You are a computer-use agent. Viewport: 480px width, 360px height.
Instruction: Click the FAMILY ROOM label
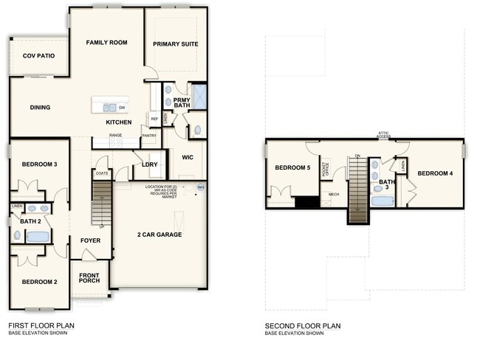pos(106,43)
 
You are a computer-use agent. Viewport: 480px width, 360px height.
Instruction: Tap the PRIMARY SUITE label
pos(176,44)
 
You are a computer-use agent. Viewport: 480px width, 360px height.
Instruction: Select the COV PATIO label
pos(38,55)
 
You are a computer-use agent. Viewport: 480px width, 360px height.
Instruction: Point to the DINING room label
pos(40,108)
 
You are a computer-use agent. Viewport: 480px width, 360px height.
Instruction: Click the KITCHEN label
pos(118,122)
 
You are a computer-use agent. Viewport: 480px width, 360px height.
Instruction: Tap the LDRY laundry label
pos(150,165)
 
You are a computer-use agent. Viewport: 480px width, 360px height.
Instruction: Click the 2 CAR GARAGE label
pos(159,235)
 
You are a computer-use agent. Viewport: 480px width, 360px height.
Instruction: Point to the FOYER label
pos(90,240)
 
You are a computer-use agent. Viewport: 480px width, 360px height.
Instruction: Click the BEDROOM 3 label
pos(39,164)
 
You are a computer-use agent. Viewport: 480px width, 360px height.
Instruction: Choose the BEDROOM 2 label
pos(39,282)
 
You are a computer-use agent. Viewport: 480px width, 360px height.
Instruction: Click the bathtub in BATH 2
pos(38,237)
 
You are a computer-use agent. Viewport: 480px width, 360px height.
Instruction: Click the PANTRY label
pos(149,136)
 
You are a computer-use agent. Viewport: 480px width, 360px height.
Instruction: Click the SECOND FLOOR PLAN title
pos(303,325)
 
